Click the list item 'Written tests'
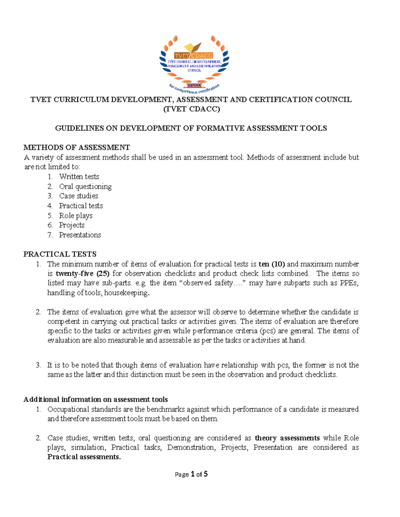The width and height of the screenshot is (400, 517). click(x=79, y=177)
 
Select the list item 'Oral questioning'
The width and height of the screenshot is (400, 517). click(x=85, y=186)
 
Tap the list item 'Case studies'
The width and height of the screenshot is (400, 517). click(x=79, y=196)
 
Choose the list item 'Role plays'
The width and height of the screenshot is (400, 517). click(x=76, y=216)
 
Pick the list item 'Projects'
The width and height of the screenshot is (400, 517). click(x=72, y=225)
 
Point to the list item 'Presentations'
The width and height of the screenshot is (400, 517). click(x=80, y=235)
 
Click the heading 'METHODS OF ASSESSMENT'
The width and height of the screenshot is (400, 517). click(x=77, y=147)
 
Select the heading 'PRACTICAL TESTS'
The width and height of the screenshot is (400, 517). click(x=60, y=254)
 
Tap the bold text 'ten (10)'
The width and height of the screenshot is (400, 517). click(x=272, y=264)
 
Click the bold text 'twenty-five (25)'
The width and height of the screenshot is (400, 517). click(x=83, y=274)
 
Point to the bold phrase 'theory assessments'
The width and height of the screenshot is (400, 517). click(x=287, y=438)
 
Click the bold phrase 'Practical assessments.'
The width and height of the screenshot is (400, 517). click(x=84, y=457)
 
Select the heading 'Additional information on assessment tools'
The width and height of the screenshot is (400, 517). click(x=96, y=399)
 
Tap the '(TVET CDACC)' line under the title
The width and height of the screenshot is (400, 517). click(x=191, y=109)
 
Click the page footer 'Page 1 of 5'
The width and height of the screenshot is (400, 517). click(x=191, y=474)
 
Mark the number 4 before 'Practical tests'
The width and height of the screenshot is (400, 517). click(x=50, y=206)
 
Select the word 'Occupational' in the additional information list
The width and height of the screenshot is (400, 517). click(x=68, y=409)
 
